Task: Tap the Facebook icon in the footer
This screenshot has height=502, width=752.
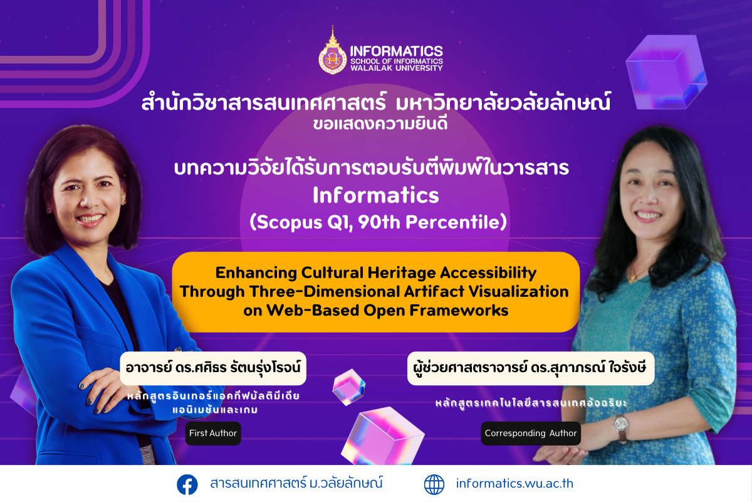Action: (187, 484)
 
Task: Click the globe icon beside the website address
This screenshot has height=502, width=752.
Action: (434, 484)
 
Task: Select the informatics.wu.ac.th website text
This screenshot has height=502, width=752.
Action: (514, 484)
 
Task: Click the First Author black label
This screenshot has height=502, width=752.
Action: (213, 434)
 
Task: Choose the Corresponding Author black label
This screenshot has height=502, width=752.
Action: (531, 434)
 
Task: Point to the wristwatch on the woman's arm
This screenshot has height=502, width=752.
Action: (621, 424)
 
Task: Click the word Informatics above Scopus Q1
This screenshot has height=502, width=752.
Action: (376, 195)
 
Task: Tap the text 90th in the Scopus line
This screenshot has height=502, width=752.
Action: (379, 222)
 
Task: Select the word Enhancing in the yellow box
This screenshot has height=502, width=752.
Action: (256, 273)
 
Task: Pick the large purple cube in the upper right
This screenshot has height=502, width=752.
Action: (666, 72)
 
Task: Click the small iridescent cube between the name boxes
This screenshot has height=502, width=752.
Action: (349, 387)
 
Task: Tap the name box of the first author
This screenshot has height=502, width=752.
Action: (213, 368)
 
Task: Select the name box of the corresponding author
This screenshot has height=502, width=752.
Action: (531, 368)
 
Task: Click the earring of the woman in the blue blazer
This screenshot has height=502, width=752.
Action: (123, 201)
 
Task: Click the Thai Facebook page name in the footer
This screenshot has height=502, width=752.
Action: (296, 484)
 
